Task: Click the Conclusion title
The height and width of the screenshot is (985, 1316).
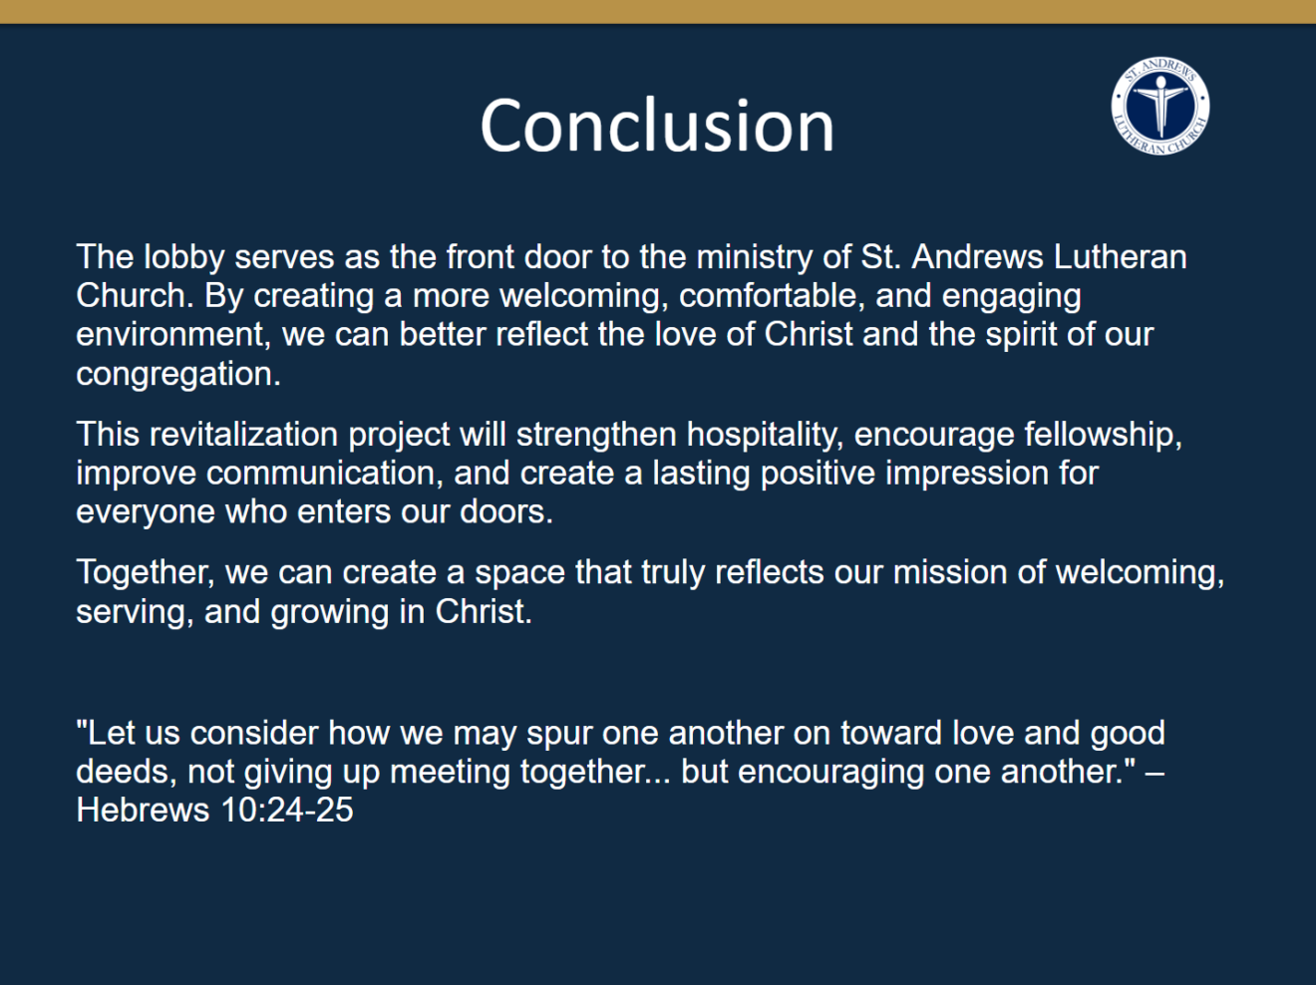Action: [656, 126]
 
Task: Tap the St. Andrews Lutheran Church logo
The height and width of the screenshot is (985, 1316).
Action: [1160, 106]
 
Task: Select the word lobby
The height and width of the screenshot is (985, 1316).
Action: [184, 258]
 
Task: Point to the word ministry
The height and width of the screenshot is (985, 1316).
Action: [755, 258]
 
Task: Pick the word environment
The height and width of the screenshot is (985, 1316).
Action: [173, 335]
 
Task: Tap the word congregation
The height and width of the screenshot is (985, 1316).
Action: [178, 375]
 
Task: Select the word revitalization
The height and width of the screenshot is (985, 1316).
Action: [243, 434]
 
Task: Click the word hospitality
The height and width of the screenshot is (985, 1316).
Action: [765, 435]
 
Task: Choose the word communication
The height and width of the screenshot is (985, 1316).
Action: [324, 473]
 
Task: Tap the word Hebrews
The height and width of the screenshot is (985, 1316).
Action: [143, 810]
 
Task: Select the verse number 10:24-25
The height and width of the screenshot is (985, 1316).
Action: [287, 810]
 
